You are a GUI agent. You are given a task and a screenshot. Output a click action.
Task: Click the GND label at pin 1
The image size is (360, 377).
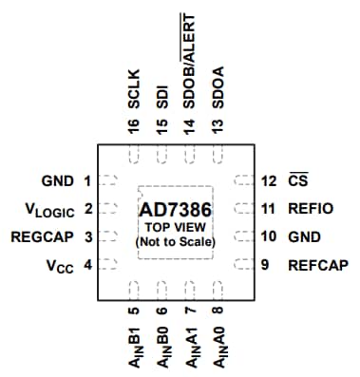[x=56, y=180]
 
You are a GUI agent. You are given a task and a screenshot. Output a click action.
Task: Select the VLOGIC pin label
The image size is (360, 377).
[x=48, y=209]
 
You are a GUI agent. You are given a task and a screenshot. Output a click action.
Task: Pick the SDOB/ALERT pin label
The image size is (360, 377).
[x=189, y=59]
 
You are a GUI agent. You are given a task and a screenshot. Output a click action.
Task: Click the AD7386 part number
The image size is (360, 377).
[x=176, y=208]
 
